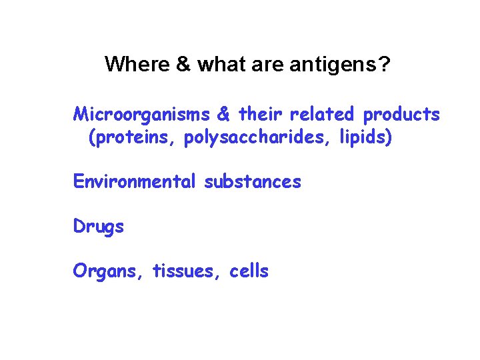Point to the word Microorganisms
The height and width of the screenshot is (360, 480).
[141, 115]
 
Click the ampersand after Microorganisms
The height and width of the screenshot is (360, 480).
[224, 115]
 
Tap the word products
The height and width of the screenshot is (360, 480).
[401, 115]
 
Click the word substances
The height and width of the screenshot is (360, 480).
[253, 181]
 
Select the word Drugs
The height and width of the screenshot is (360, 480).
[99, 227]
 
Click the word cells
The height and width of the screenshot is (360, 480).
[249, 271]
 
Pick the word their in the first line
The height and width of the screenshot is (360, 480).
[261, 115]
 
